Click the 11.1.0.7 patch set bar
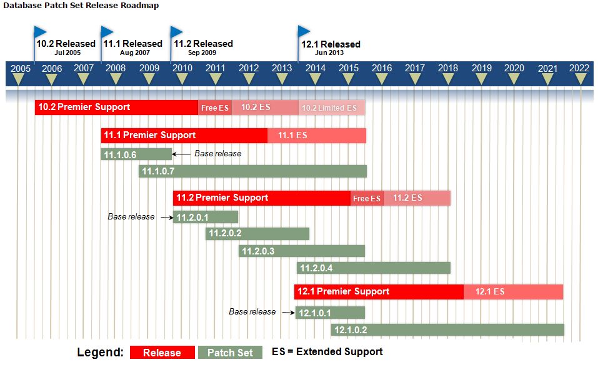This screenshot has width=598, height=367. pyautogui.click(x=252, y=171)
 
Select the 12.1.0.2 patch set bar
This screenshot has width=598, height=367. pyautogui.click(x=447, y=330)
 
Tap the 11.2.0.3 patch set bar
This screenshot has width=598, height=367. pyautogui.click(x=302, y=251)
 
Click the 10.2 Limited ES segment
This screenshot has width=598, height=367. pyautogui.click(x=332, y=108)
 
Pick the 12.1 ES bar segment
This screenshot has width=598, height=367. pyautogui.click(x=514, y=292)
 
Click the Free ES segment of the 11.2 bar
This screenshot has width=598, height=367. pyautogui.click(x=367, y=198)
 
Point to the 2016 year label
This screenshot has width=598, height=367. pyautogui.click(x=382, y=68)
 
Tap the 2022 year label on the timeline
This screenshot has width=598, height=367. pyautogui.click(x=579, y=68)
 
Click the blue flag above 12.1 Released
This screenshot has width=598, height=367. pyautogui.click(x=304, y=31)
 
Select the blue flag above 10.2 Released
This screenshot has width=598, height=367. pyautogui.click(x=39, y=32)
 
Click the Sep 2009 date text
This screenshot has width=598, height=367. pyautogui.click(x=202, y=53)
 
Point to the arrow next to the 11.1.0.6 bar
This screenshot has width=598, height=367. pyautogui.click(x=181, y=154)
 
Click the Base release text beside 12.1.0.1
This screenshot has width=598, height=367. pyautogui.click(x=252, y=312)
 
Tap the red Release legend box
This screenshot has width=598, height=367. pyautogui.click(x=162, y=353)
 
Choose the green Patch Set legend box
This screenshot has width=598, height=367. pyautogui.click(x=230, y=353)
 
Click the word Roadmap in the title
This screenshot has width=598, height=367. pyautogui.click(x=141, y=6)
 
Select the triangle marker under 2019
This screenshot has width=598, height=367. pyautogui.click(x=481, y=79)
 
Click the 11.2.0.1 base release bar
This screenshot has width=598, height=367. pyautogui.click(x=206, y=217)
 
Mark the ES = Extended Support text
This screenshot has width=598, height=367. pyautogui.click(x=327, y=352)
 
